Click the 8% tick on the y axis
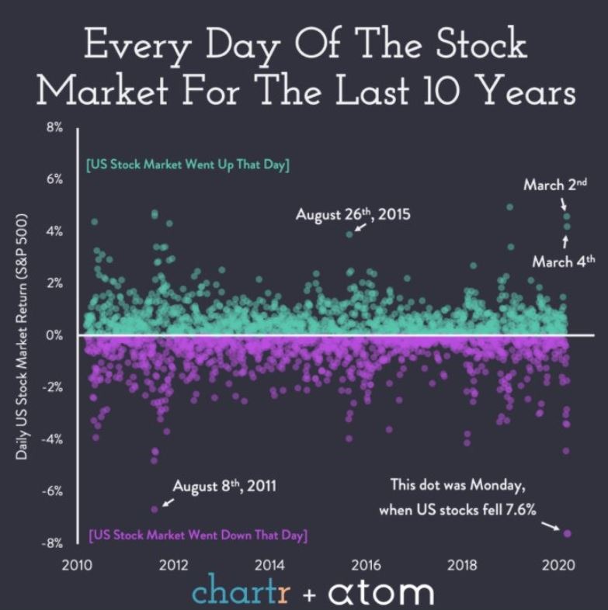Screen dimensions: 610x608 pyautogui.click(x=54, y=127)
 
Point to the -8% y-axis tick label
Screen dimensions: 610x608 pyautogui.click(x=53, y=543)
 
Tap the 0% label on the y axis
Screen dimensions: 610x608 pyautogui.click(x=54, y=335)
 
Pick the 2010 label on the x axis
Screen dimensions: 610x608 pyautogui.click(x=75, y=564)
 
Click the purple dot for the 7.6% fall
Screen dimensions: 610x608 pyautogui.click(x=567, y=533)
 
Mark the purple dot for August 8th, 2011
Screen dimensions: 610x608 pyautogui.click(x=155, y=509)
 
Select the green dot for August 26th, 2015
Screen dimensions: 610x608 pyautogui.click(x=350, y=234)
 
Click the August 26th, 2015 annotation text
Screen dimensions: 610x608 pyautogui.click(x=353, y=214)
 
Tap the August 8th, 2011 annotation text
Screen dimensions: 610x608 pyautogui.click(x=224, y=487)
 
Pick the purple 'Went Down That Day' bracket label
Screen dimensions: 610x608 pyautogui.click(x=197, y=535)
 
